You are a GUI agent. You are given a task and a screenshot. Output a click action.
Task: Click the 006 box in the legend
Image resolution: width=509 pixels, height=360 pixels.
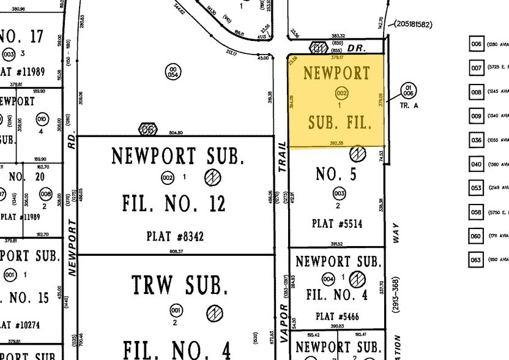pos(477,44)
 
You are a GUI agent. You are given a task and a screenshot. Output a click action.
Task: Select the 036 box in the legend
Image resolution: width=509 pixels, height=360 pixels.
pos(477,140)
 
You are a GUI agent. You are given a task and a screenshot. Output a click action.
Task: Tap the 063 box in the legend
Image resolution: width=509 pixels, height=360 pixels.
pos(477,259)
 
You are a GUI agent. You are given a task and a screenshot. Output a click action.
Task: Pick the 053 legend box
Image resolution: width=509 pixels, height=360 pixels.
pos(477,187)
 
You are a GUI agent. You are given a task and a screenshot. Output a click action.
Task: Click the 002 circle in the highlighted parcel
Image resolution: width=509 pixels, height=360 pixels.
pos(341,93)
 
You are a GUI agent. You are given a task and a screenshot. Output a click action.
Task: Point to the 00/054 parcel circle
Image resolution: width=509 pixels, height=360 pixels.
pos(174,72)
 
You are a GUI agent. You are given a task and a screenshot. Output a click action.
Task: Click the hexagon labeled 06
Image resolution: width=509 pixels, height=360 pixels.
pos(148,129)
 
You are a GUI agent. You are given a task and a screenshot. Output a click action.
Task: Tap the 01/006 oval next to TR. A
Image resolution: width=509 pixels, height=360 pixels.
pos(409,91)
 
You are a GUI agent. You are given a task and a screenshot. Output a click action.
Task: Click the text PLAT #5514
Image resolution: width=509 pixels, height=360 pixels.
pos(337,224)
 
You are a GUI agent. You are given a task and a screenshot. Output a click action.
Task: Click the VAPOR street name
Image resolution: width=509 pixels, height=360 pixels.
pos(283,321)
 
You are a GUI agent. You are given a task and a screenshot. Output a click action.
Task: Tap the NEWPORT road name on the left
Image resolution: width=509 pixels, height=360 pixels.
pos(72,247)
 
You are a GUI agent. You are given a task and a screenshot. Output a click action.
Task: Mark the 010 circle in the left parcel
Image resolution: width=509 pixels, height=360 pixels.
pos(42,119)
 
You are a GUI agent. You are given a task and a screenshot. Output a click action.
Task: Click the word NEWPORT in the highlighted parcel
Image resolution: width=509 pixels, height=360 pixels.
pos(336,73)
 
